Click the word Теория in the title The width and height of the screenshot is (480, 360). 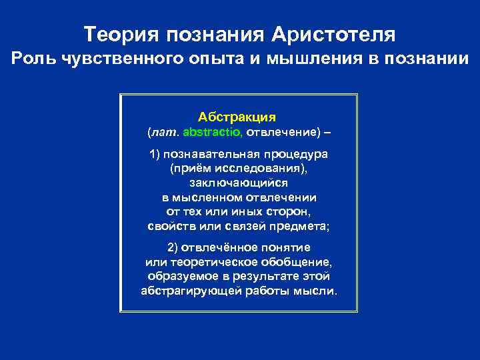[x=121, y=33]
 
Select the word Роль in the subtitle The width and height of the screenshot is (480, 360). [x=34, y=59]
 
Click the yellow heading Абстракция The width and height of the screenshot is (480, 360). [x=237, y=116]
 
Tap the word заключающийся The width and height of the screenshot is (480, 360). [x=238, y=183]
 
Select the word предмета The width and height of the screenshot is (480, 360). [x=301, y=226]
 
